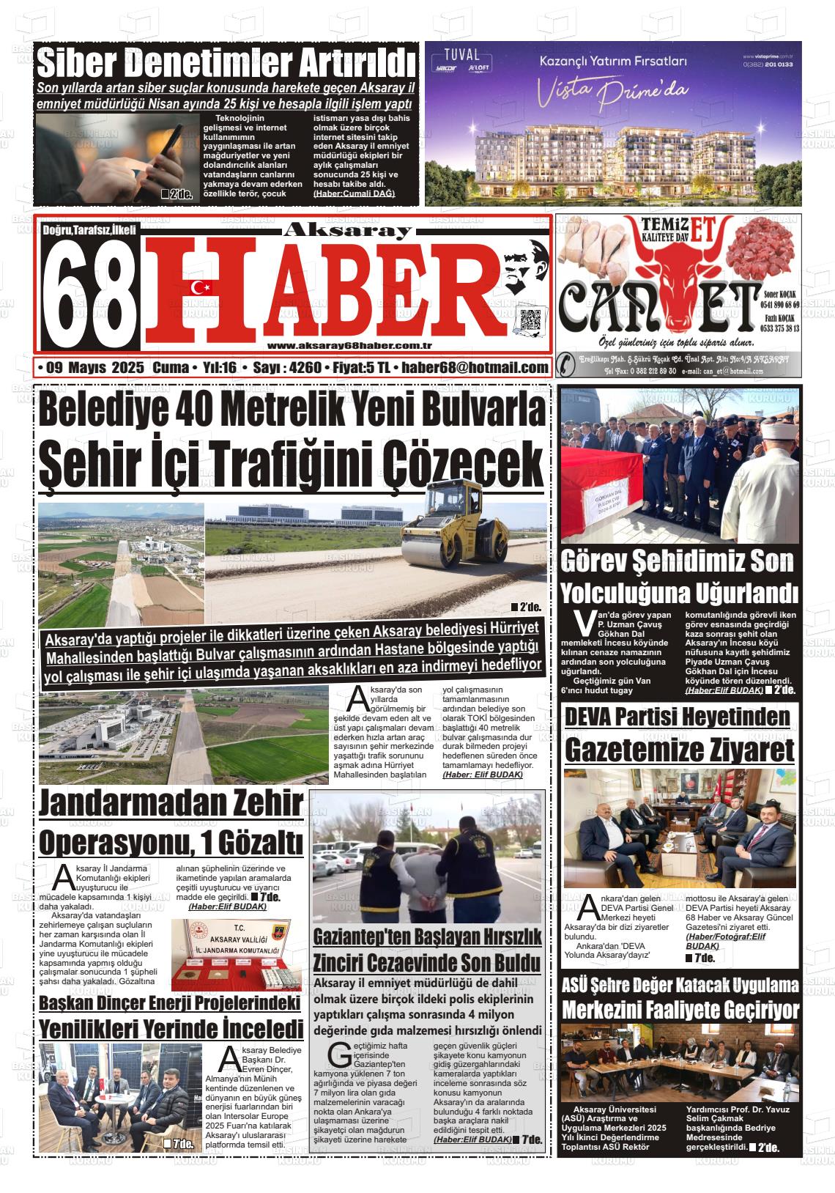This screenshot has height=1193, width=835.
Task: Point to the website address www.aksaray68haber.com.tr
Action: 349,347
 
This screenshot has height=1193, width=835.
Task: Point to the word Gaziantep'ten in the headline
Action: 363,936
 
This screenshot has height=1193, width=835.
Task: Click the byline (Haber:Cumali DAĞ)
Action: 354,193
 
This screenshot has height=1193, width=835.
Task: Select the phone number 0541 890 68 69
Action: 780,304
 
